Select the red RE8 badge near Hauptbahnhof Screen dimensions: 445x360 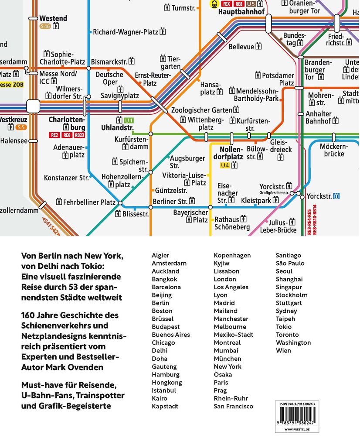click(x=239, y=4)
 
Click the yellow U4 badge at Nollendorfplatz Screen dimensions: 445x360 click(x=225, y=165)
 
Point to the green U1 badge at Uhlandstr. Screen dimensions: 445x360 click(x=128, y=120)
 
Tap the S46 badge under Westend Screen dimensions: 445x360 click(x=45, y=26)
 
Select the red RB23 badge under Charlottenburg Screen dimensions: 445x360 click(x=79, y=135)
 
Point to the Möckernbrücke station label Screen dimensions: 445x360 click(x=332, y=150)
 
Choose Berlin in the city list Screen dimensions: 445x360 click(x=160, y=303)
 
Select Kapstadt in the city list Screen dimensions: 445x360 click(x=165, y=406)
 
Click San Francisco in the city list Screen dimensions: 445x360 click(x=233, y=406)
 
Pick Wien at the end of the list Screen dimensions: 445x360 click(x=283, y=350)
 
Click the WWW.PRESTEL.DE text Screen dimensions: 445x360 click(x=297, y=430)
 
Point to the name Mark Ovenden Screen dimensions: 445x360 click(x=82, y=367)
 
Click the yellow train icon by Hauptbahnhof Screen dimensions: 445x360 click(x=214, y=4)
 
